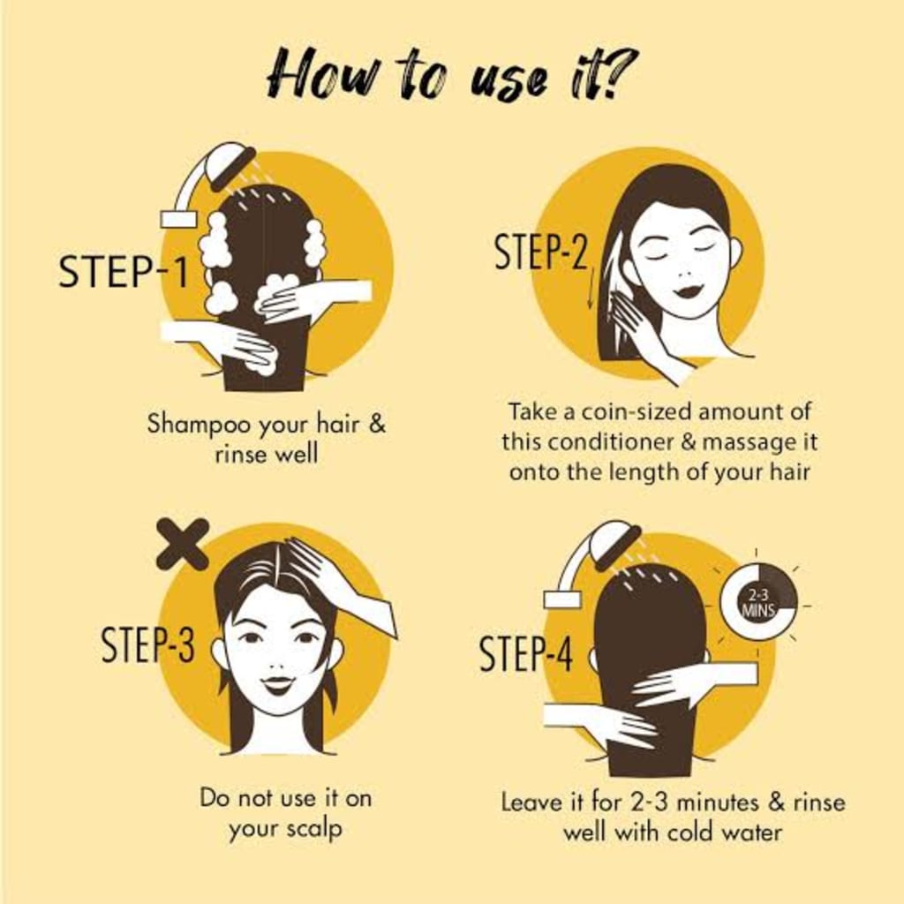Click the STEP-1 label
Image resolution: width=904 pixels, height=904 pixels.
point(123,271)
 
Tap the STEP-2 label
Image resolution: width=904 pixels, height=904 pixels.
point(539,252)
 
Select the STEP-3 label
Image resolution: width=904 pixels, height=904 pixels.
point(147,645)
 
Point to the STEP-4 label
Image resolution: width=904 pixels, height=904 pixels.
point(525,654)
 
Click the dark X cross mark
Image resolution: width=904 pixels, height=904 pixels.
point(182,544)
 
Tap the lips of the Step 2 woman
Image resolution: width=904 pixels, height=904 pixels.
point(687,290)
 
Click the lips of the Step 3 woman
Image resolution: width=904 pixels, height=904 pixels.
point(277,682)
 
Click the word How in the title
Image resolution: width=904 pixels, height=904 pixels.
point(309,75)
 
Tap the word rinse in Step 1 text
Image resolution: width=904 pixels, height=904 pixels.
point(242,456)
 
